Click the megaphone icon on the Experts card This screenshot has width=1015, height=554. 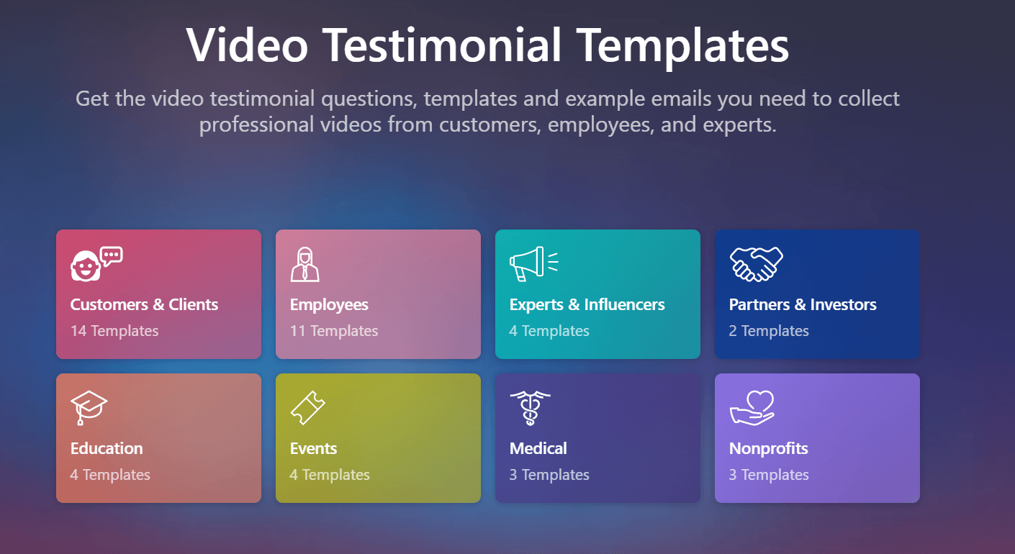(x=533, y=263)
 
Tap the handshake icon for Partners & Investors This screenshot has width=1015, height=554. (x=757, y=264)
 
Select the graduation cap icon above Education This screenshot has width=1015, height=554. (x=89, y=407)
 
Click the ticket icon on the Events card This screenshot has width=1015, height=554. (x=307, y=408)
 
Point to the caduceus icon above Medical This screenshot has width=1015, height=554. (x=530, y=408)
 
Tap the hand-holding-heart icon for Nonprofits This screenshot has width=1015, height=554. (x=752, y=408)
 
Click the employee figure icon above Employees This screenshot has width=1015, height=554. (x=305, y=264)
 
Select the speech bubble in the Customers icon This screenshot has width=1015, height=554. (x=112, y=256)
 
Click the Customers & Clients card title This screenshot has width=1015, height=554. (x=144, y=304)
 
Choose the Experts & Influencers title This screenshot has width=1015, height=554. (x=587, y=305)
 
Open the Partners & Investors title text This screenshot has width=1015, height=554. (x=803, y=304)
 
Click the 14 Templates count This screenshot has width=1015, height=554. (x=114, y=331)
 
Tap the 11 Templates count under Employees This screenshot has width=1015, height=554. (x=334, y=331)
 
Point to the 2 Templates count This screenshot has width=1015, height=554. (x=769, y=331)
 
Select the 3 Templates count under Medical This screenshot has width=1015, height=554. (x=549, y=474)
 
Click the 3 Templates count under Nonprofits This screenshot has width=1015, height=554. (x=769, y=474)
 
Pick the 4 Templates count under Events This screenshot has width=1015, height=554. (x=330, y=474)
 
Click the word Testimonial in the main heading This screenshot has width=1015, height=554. (x=442, y=45)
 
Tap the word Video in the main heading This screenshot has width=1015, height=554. (x=248, y=45)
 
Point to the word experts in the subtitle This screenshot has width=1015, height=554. (x=739, y=124)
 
